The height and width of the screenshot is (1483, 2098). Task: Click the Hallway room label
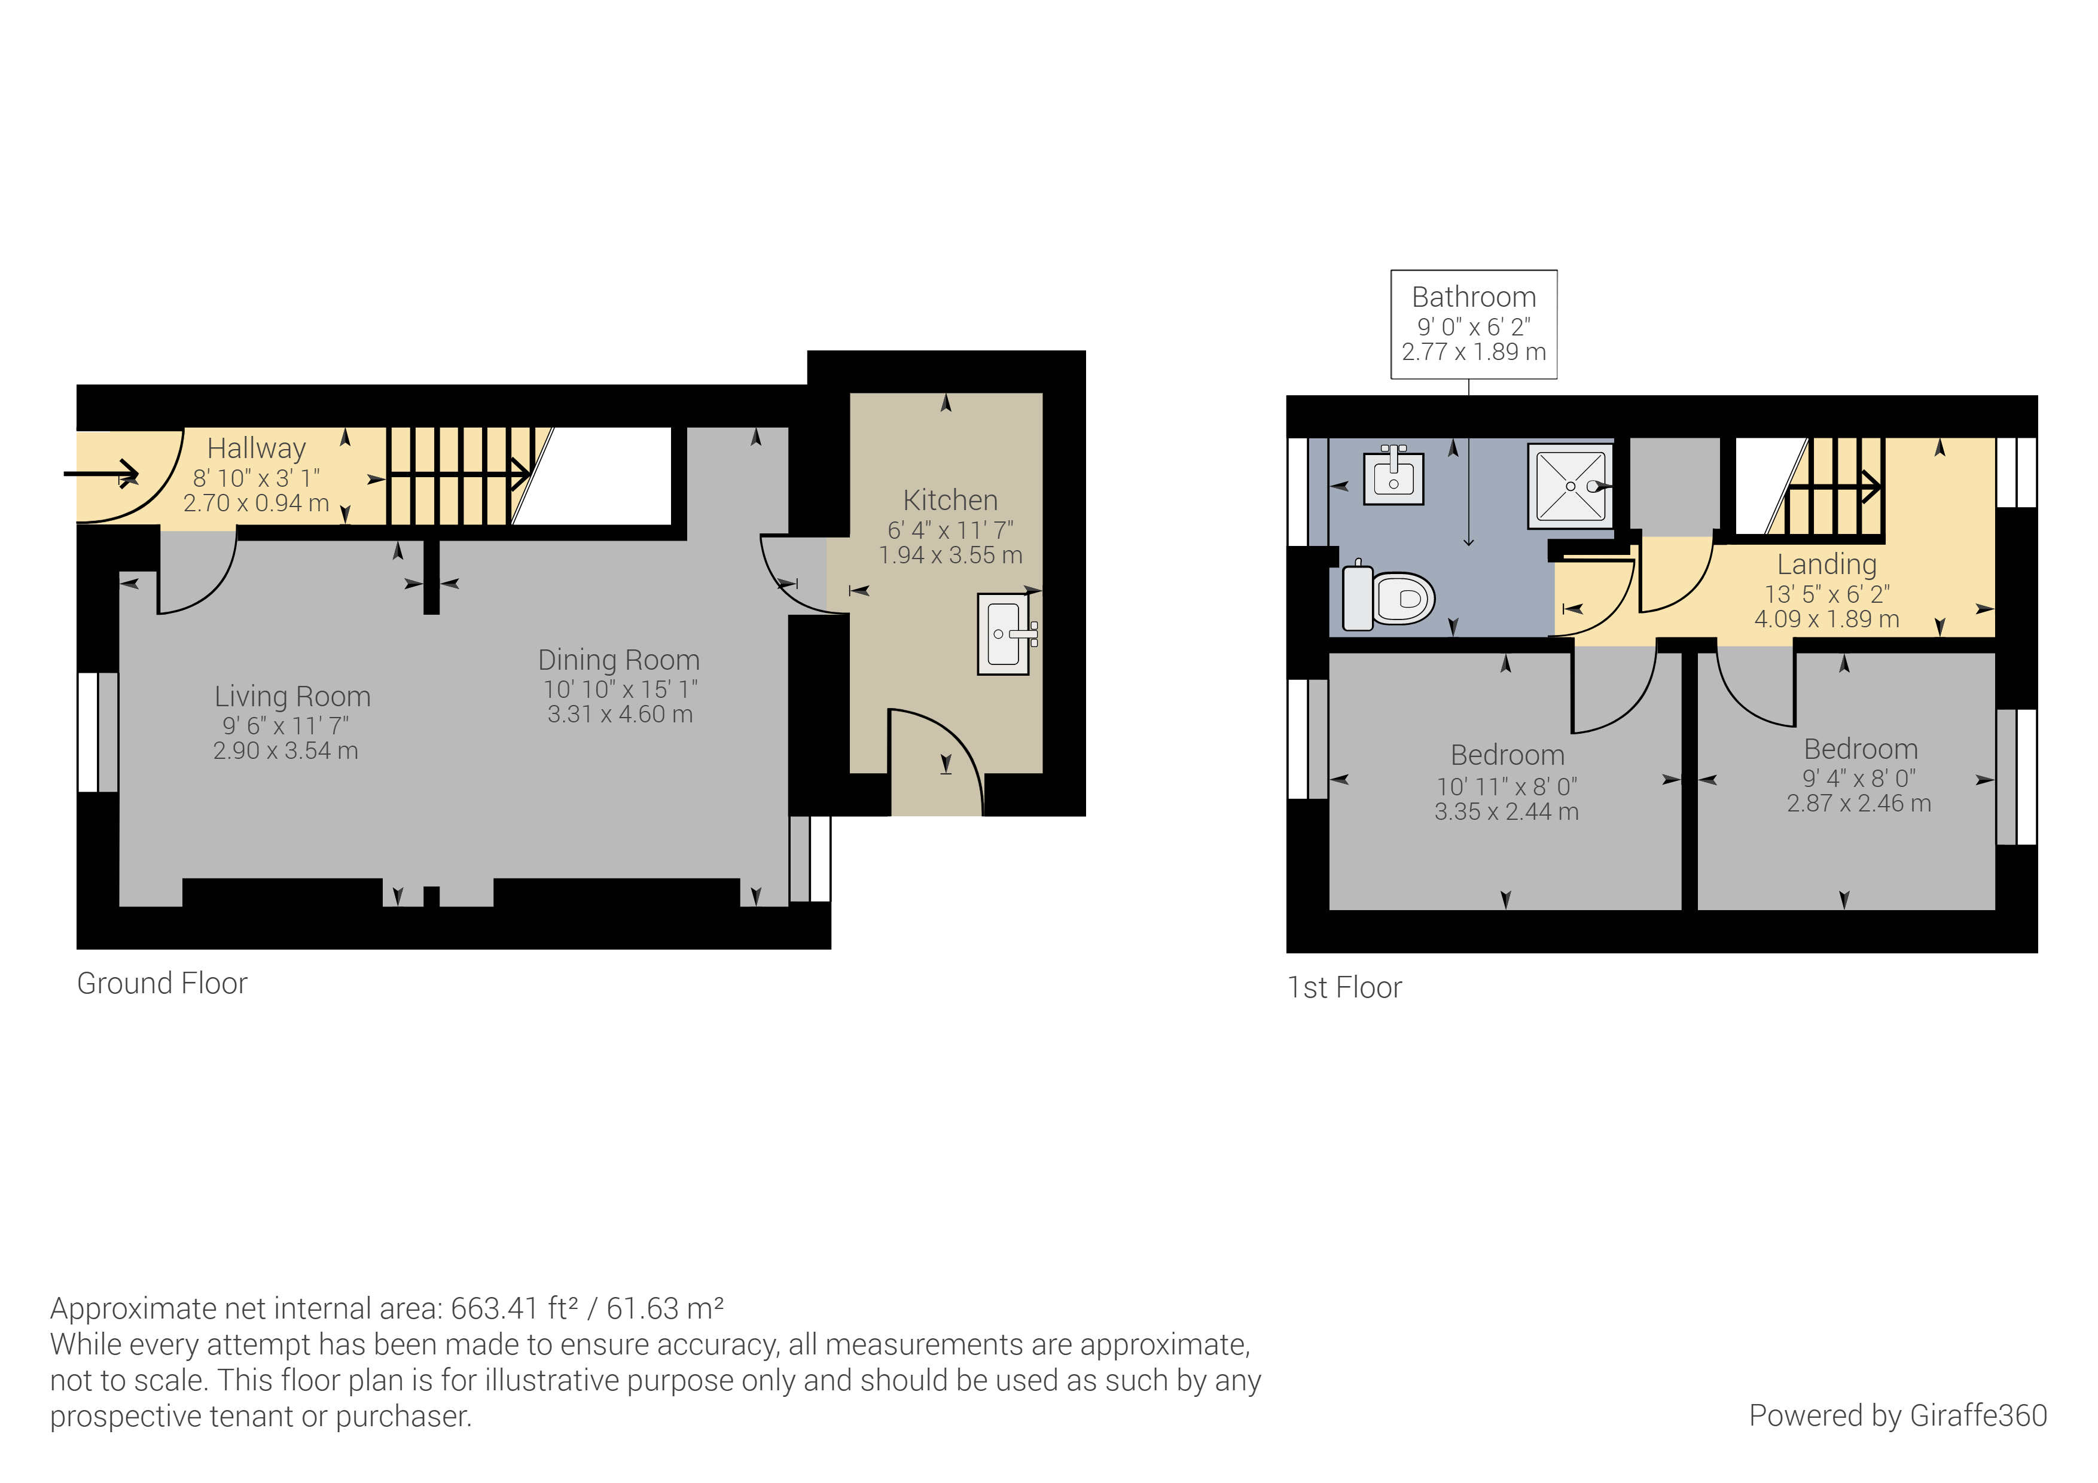256,448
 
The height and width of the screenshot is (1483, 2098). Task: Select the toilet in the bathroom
1390,597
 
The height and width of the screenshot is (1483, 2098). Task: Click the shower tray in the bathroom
1570,486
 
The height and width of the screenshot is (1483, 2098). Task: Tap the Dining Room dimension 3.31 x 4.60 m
620,715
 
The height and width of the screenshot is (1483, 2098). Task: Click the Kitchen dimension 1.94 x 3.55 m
950,555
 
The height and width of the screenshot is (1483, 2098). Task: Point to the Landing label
1826,564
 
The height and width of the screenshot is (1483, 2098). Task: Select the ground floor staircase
457,475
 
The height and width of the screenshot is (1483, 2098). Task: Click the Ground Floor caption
161,983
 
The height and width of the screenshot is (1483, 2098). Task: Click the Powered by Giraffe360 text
1897,1415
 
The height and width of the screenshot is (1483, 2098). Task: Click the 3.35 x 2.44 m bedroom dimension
1506,811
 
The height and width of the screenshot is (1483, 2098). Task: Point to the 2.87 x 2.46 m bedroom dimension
1859,803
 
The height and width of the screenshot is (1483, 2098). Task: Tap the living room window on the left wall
97,732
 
